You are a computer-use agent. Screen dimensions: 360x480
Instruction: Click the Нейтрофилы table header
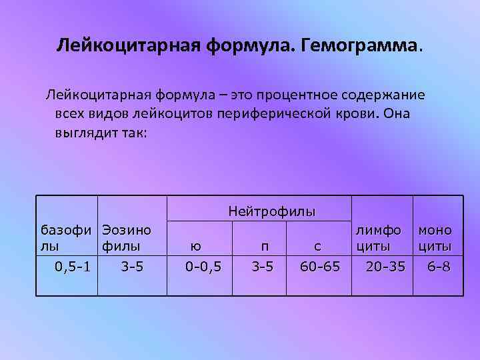click(271, 212)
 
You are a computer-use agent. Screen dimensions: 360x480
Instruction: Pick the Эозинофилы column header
click(127, 239)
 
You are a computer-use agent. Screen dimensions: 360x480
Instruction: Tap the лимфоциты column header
click(378, 239)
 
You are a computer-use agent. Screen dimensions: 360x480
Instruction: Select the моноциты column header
click(435, 239)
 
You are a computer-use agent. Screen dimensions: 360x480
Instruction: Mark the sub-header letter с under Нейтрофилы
click(318, 247)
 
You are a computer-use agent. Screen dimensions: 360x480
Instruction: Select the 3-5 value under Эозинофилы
click(132, 267)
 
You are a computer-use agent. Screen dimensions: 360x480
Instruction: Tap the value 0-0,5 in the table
click(203, 267)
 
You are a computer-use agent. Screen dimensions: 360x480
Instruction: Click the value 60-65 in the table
click(320, 267)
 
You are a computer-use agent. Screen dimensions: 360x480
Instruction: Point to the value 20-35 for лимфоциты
click(385, 267)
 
